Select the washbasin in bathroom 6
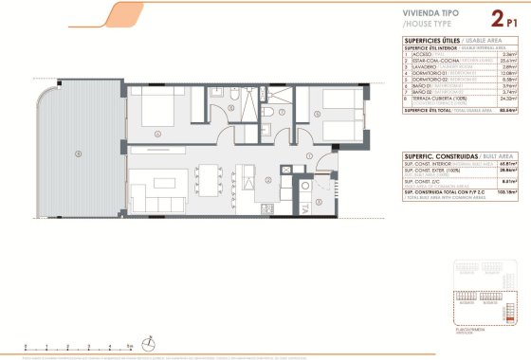[213, 94]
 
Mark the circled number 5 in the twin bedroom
[316, 117]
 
